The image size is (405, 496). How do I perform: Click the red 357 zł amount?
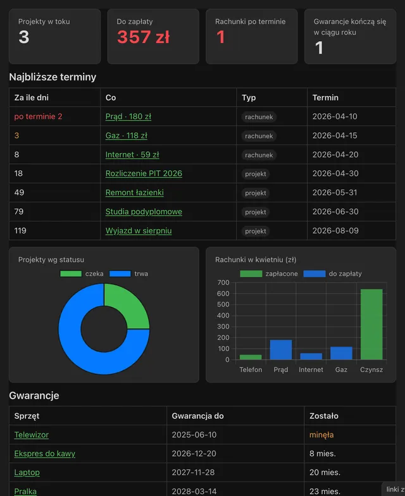[x=143, y=37]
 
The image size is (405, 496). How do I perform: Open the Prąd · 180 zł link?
[x=128, y=116]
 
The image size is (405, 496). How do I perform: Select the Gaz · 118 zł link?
[x=127, y=135]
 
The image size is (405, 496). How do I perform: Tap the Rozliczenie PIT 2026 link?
[x=144, y=173]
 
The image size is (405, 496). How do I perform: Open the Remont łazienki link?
[x=134, y=192]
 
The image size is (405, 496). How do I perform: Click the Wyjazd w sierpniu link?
[x=139, y=230]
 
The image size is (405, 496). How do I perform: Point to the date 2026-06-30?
[x=335, y=211]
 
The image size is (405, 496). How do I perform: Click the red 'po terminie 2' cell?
[x=38, y=116]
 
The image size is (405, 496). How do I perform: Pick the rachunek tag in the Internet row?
[x=259, y=155]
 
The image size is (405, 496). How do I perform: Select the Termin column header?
[x=325, y=97]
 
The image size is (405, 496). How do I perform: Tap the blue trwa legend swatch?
[x=120, y=273]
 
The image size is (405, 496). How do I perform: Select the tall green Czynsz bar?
[x=371, y=324]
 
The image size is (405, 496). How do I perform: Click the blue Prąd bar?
[x=281, y=349]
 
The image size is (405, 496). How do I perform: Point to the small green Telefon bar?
[x=251, y=357]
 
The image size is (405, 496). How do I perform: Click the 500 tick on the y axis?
[x=223, y=304]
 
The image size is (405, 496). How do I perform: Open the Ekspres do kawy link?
[x=44, y=453]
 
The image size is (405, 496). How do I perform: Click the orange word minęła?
[x=321, y=435]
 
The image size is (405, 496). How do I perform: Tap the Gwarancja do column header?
[x=197, y=416]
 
